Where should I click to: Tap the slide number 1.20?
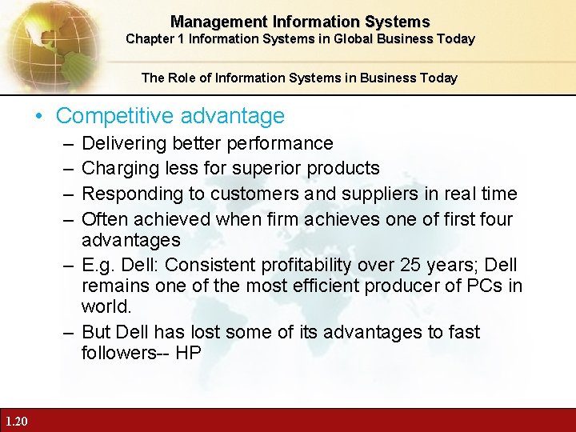coord(15,422)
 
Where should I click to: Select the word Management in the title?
coord(210,22)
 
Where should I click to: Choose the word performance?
coord(280,144)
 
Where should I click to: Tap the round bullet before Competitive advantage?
coord(40,117)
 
